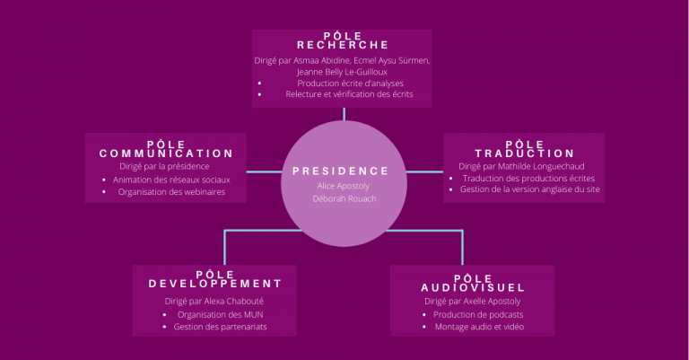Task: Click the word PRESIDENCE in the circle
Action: (341, 171)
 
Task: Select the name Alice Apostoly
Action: (344, 186)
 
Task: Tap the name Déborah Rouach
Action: (344, 198)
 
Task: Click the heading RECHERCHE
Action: (343, 45)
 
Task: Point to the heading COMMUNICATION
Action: (166, 154)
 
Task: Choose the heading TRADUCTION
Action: (525, 154)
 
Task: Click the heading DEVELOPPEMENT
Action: (215, 284)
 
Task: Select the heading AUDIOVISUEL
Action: (473, 288)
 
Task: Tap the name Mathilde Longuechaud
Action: (541, 167)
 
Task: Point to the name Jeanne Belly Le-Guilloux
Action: (342, 72)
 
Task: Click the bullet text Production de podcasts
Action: (478, 315)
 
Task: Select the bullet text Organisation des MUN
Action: (220, 315)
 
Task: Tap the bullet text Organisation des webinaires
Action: (171, 192)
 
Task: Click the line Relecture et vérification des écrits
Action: (349, 94)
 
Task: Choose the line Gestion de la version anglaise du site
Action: (530, 189)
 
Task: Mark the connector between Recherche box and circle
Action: (344, 114)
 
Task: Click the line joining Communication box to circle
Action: (264, 171)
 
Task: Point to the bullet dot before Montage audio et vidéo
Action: (424, 327)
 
